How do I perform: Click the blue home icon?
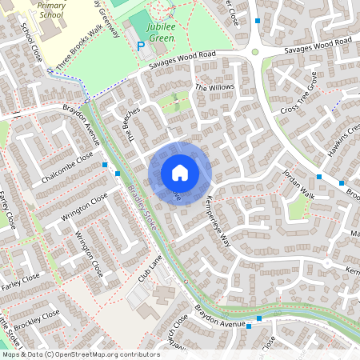point(180,173)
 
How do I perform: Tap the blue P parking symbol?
point(141,46)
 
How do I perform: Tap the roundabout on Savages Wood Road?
point(255,52)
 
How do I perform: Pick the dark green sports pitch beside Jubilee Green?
point(140,21)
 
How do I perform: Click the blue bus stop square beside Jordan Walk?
point(319,177)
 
